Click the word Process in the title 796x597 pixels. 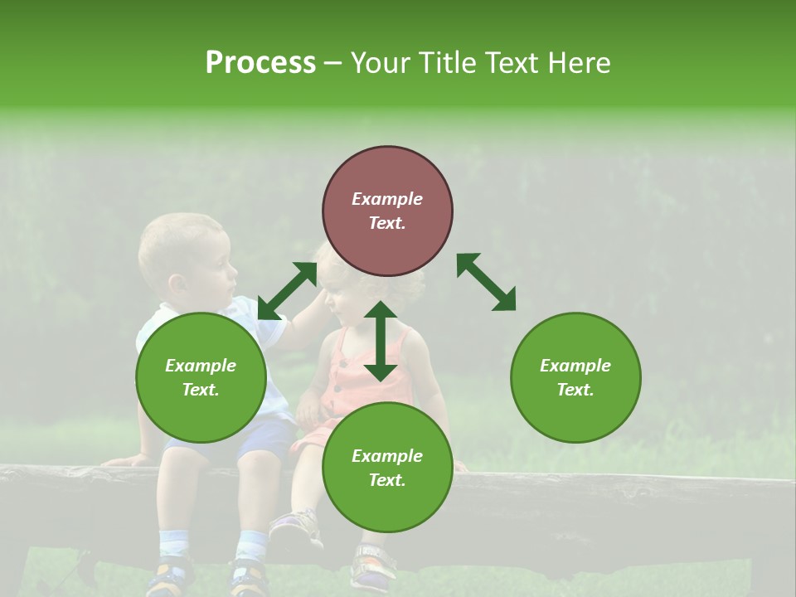pyautogui.click(x=260, y=63)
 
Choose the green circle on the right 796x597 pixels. pyautogui.click(x=575, y=377)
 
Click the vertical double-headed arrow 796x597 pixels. pyautogui.click(x=381, y=341)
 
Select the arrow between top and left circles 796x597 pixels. pyautogui.click(x=287, y=291)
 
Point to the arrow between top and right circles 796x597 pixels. pyautogui.click(x=486, y=282)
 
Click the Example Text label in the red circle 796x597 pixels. pyautogui.click(x=387, y=211)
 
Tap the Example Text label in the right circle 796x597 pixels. pyautogui.click(x=575, y=377)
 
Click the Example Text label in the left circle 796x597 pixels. pyautogui.click(x=201, y=377)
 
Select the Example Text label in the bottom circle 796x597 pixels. pyautogui.click(x=387, y=468)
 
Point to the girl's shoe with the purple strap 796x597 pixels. pyautogui.click(x=297, y=526)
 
